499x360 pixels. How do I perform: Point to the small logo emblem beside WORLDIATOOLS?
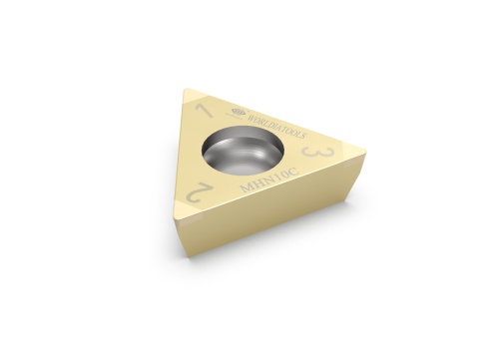tap(237, 112)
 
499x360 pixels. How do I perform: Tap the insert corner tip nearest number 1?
tap(187, 93)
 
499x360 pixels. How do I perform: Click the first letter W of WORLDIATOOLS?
tap(246, 116)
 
